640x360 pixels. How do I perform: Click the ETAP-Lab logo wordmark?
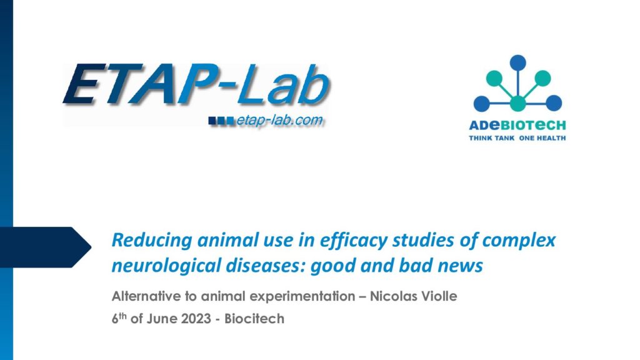[196, 84]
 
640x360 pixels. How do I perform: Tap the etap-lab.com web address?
[280, 121]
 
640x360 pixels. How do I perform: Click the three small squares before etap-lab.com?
[221, 121]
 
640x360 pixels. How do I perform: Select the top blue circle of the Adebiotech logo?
[517, 63]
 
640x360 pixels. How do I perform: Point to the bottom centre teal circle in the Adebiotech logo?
[517, 103]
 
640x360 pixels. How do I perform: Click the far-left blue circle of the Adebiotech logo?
[482, 103]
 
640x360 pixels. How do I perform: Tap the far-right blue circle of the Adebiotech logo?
[554, 103]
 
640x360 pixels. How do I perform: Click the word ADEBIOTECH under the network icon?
[517, 125]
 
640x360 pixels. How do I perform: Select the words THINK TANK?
[491, 138]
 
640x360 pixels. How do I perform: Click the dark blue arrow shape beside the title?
[46, 247]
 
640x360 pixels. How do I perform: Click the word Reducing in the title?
[152, 240]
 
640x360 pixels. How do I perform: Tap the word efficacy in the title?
[354, 240]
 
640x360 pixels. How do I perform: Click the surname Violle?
[439, 296]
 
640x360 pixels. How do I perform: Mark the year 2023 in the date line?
[196, 318]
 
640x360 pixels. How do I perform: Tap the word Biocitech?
[254, 318]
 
